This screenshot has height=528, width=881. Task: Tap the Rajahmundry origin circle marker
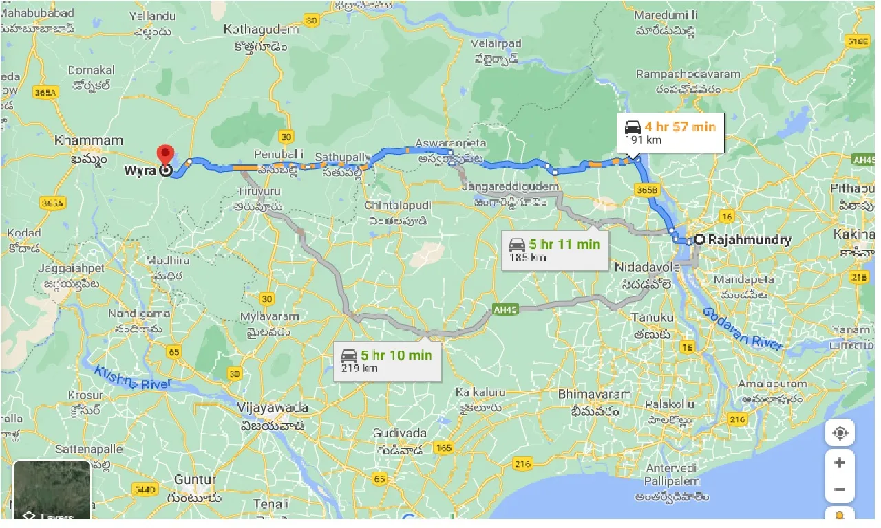click(x=699, y=240)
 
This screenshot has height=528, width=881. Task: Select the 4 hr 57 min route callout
click(x=671, y=133)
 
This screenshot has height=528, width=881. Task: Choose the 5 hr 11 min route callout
click(x=555, y=250)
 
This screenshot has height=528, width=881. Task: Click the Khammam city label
click(x=89, y=140)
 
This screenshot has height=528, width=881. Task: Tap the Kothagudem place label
click(x=262, y=30)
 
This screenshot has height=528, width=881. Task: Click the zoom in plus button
click(x=839, y=463)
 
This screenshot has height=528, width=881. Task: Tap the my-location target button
click(x=839, y=433)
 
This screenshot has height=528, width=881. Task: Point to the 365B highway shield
click(x=648, y=189)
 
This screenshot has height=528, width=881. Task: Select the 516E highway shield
click(x=858, y=41)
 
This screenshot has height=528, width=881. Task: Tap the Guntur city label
click(x=195, y=480)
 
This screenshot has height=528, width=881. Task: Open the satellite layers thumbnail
click(x=52, y=489)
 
